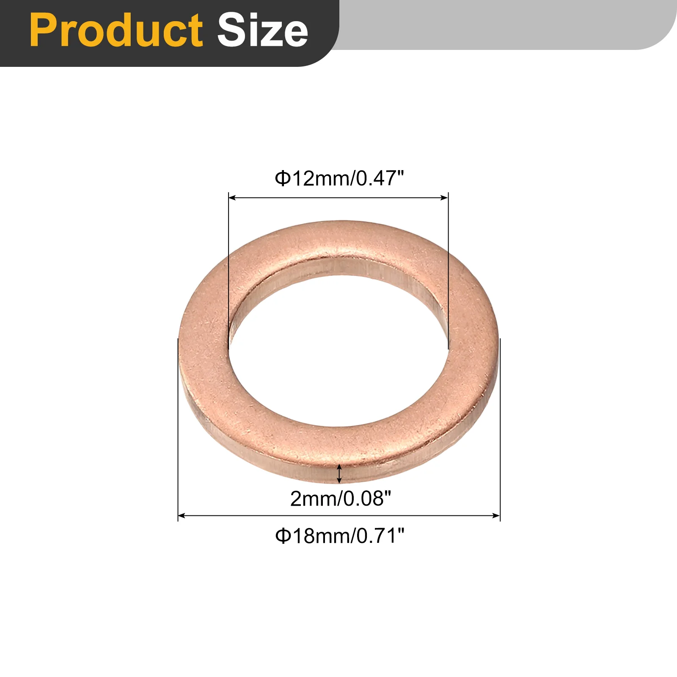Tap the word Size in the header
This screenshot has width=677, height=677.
click(263, 30)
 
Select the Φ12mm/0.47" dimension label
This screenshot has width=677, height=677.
click(339, 178)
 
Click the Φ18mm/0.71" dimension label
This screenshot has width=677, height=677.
click(340, 536)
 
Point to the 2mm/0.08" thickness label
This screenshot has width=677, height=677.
click(341, 498)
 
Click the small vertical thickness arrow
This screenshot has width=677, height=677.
click(339, 473)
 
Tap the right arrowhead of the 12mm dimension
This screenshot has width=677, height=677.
click(444, 198)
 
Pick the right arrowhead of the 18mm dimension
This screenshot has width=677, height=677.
click(496, 515)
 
